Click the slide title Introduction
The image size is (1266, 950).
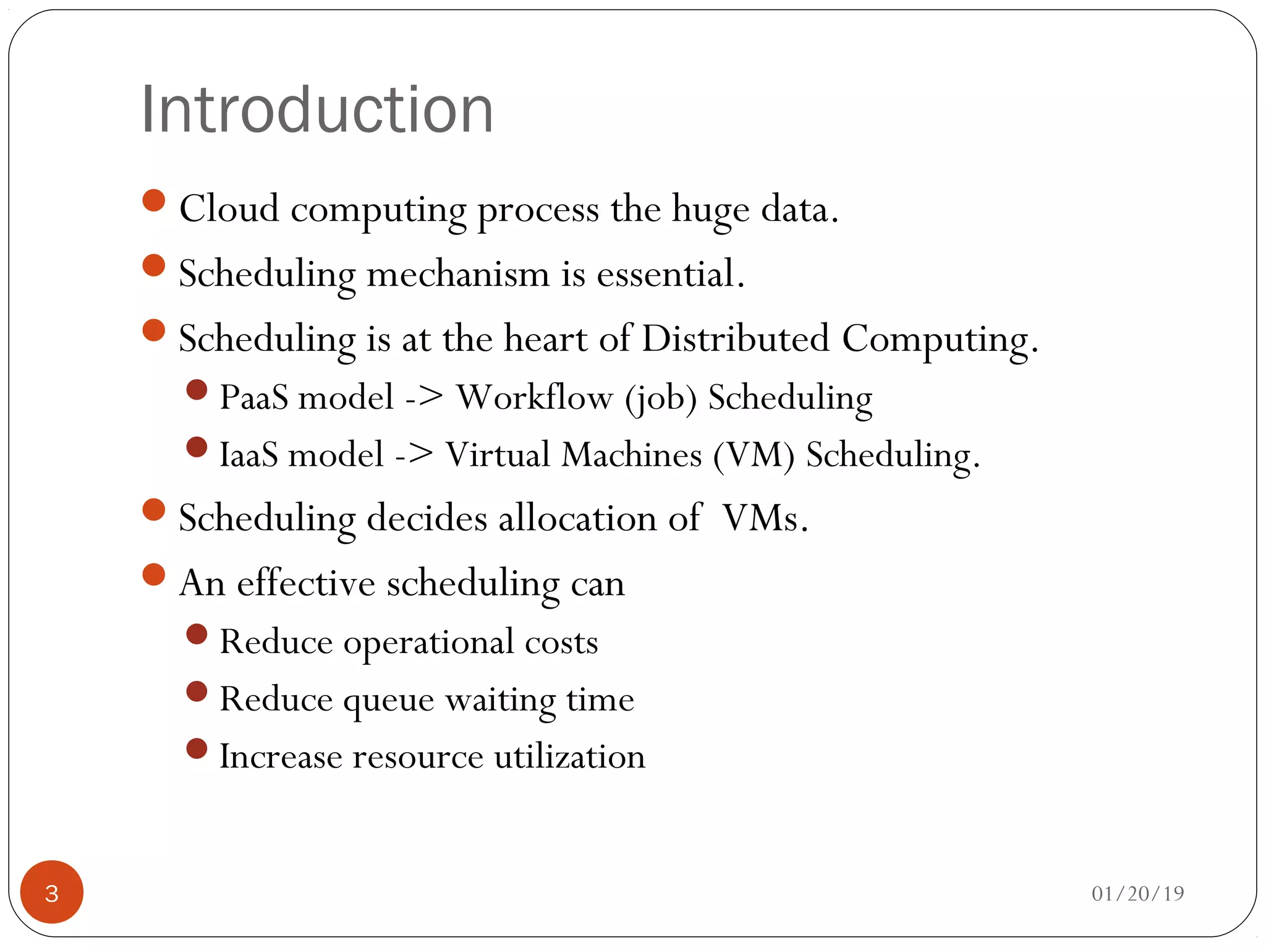click(317, 110)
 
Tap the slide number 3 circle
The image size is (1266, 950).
click(52, 892)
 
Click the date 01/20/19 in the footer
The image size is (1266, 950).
click(1137, 893)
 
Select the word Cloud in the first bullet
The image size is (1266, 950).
click(229, 208)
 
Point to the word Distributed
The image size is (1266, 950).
click(735, 338)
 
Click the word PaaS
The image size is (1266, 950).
click(254, 397)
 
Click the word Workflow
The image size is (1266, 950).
click(534, 397)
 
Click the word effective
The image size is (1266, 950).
click(306, 583)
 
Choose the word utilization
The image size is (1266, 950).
click(569, 756)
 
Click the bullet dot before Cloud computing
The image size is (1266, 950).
click(153, 200)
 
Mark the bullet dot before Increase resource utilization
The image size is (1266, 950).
click(197, 748)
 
